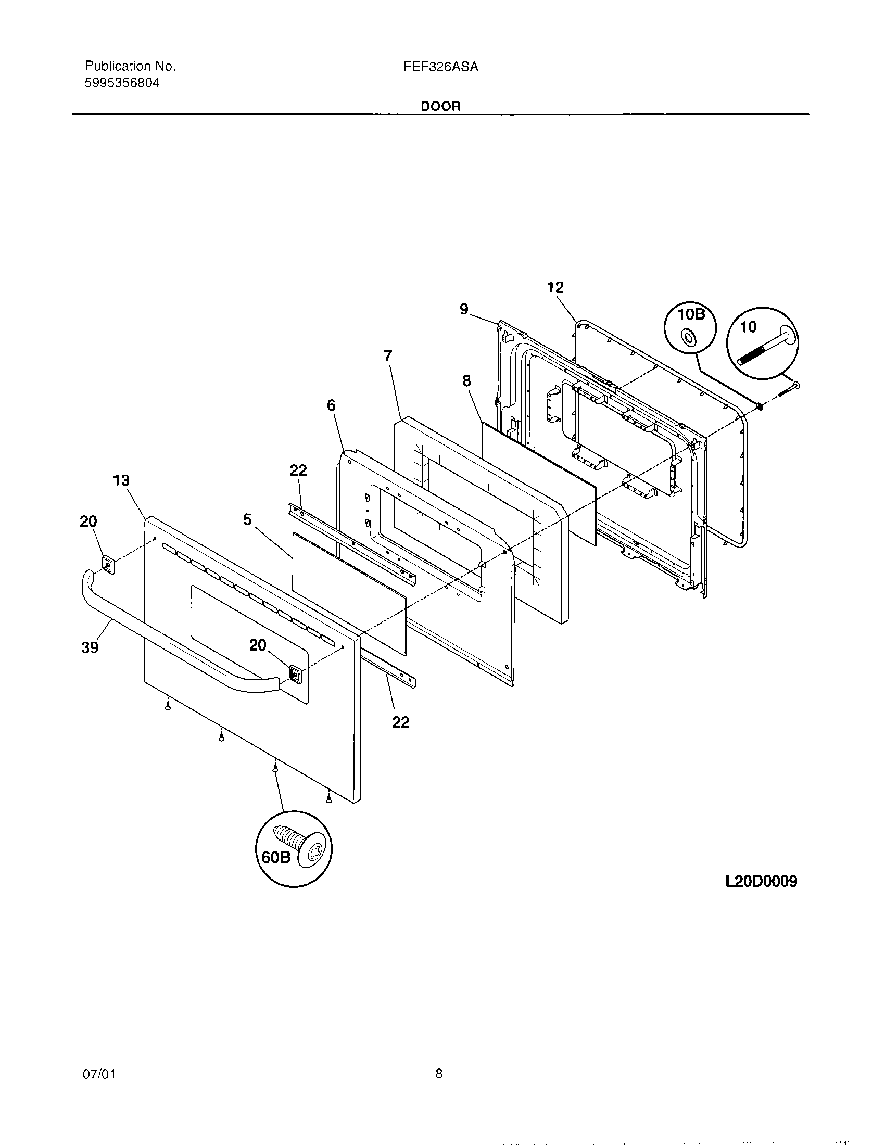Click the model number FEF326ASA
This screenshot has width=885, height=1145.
441,67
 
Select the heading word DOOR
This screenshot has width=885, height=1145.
441,106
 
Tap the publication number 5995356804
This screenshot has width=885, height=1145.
122,83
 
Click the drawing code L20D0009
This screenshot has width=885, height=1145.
761,881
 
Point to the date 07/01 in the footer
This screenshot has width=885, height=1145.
99,1074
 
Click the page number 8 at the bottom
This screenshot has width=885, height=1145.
439,1074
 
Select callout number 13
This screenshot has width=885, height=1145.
121,480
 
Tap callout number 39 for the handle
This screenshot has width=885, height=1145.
90,648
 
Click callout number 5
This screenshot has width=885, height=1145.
247,519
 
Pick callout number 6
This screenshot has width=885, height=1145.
331,405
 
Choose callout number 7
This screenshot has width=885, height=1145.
387,356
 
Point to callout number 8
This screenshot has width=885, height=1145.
466,381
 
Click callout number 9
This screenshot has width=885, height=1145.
464,309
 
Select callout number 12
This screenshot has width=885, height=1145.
555,287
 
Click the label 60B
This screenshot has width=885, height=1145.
276,858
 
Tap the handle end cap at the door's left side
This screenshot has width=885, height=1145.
108,564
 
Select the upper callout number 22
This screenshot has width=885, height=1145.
298,470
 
